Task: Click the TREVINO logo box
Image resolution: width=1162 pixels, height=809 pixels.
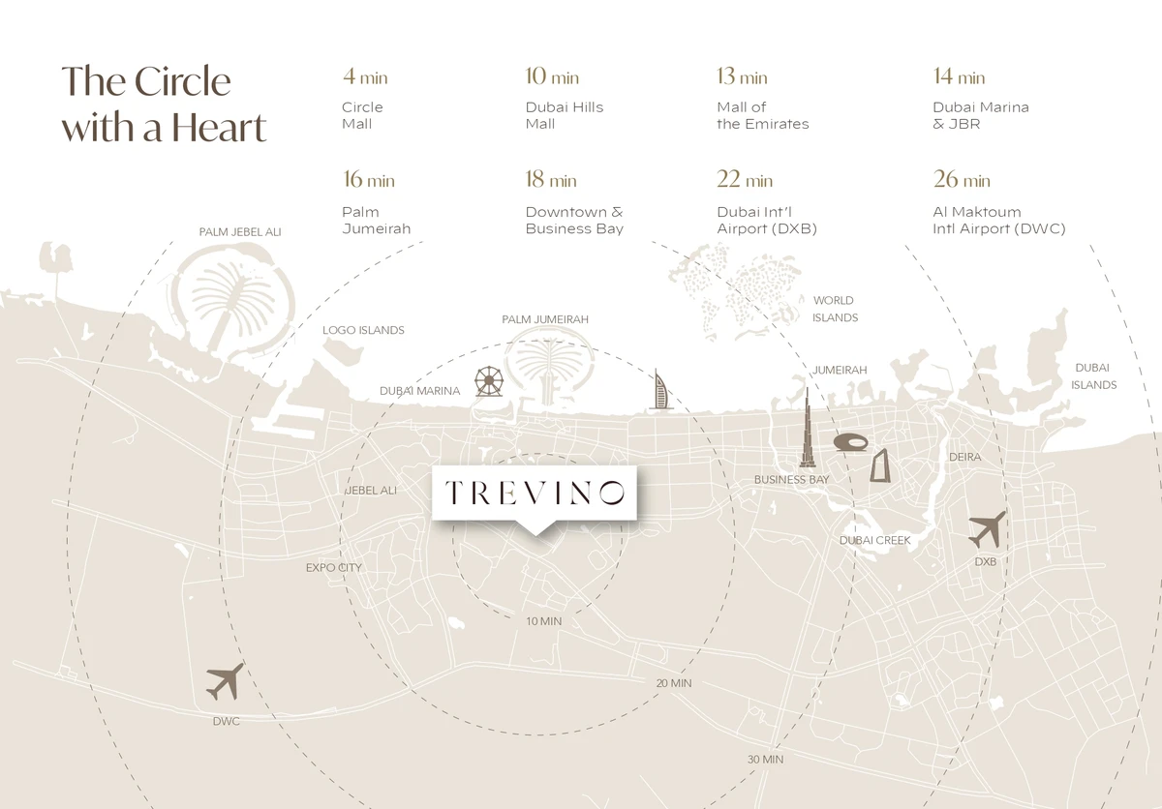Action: (534, 493)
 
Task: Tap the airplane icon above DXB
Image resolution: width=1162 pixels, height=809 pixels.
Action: (987, 529)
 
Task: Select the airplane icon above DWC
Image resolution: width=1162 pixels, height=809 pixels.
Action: (225, 682)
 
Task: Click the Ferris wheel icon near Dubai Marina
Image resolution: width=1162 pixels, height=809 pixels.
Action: (488, 381)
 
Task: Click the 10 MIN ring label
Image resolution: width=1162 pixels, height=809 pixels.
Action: (543, 621)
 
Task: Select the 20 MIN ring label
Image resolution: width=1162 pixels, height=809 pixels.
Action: (674, 683)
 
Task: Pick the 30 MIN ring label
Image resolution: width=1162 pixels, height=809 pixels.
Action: (765, 760)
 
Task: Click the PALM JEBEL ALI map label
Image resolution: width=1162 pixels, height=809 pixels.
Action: (240, 232)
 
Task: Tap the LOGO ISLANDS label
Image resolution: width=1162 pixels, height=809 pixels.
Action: (363, 330)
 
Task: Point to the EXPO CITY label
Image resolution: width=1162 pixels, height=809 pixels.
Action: (334, 567)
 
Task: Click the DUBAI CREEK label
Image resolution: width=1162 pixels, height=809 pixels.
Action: (875, 540)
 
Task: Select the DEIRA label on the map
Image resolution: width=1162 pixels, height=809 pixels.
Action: (964, 457)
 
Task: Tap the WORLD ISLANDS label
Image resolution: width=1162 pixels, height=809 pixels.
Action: (835, 309)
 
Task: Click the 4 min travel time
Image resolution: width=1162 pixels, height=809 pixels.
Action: (365, 77)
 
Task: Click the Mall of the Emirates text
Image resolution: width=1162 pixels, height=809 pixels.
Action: (762, 115)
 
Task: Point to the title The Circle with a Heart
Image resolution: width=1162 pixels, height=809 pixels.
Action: (164, 105)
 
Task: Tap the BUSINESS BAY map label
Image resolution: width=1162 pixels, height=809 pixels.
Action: (791, 480)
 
